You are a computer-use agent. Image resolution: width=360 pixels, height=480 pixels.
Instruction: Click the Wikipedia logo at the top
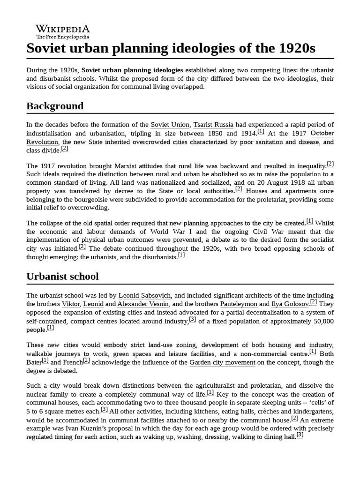pyautogui.click(x=63, y=31)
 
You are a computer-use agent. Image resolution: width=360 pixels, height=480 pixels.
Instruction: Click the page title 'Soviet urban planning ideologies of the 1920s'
pyautogui.click(x=171, y=48)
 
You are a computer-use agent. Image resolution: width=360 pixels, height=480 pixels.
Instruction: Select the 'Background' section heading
pyautogui.click(x=55, y=106)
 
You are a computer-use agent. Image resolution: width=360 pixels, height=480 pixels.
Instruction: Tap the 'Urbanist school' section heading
pyautogui.click(x=62, y=277)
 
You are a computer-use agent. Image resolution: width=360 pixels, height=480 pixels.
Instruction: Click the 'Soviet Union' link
pyautogui.click(x=170, y=124)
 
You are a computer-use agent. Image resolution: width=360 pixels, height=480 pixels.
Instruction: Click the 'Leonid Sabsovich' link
pyautogui.click(x=145, y=295)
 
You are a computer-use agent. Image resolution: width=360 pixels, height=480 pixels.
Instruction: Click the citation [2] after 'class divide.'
pyautogui.click(x=65, y=149)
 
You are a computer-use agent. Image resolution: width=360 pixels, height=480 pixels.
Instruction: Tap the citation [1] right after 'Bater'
pyautogui.click(x=45, y=360)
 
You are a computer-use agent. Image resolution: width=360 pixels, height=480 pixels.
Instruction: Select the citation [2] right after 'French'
pyautogui.click(x=86, y=360)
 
